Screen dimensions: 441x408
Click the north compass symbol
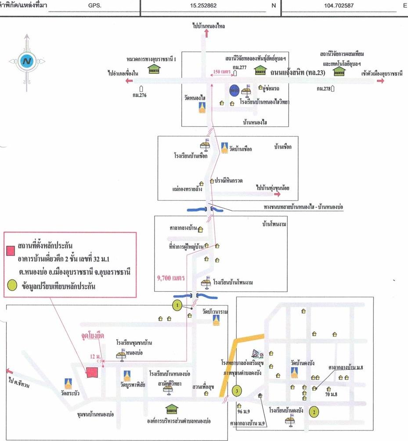26,61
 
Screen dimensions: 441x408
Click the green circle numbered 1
177,305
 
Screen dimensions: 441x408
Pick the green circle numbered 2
314,412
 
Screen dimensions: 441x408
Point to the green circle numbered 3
237,390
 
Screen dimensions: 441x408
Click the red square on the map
92,372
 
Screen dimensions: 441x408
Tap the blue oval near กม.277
235,90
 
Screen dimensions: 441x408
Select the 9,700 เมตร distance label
170,278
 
